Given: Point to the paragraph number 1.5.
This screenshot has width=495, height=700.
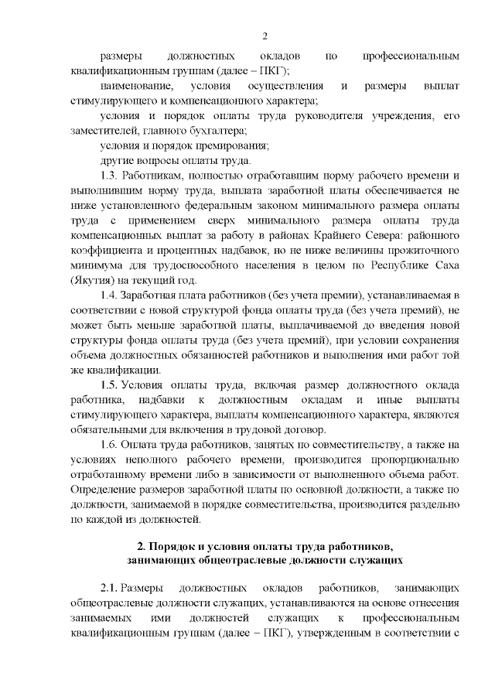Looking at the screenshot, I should coord(111,385).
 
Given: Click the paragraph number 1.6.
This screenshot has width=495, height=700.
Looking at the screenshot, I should coord(111,445).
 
